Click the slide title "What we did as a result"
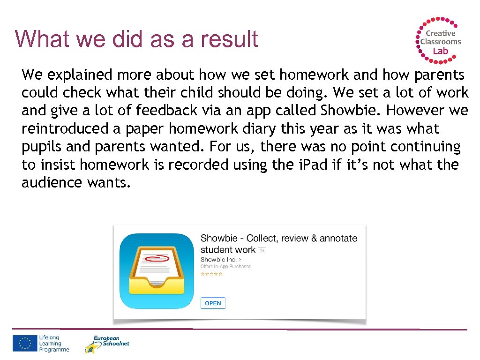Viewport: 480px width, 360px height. (136, 39)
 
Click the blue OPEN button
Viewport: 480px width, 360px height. (213, 303)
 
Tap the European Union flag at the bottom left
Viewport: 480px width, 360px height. (24, 344)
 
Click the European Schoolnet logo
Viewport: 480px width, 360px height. (106, 344)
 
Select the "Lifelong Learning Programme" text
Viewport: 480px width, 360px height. (54, 344)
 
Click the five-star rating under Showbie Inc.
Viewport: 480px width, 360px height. (211, 274)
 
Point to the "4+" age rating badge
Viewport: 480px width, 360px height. (262, 251)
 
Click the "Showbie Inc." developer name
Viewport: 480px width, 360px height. (218, 259)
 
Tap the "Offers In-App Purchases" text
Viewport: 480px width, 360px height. (225, 266)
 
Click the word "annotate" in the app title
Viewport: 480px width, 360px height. (338, 238)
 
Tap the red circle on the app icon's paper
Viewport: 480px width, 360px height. (159, 257)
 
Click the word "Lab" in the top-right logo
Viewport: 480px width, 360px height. (440, 51)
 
